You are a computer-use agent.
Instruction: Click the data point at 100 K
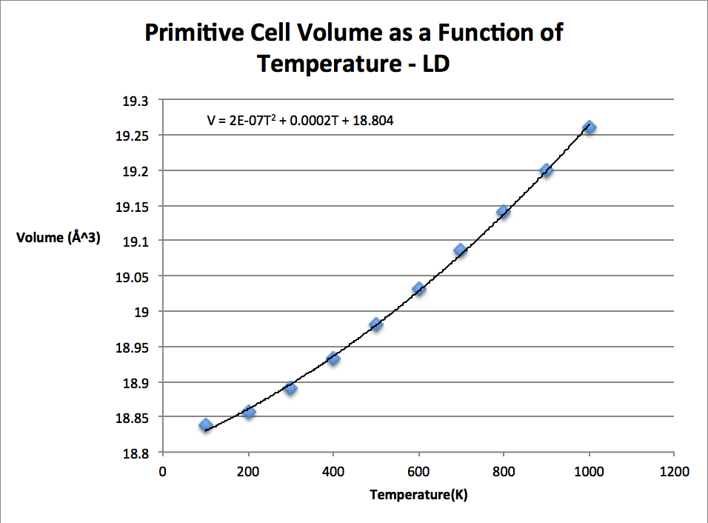point(205,425)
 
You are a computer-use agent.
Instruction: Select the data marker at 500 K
point(376,324)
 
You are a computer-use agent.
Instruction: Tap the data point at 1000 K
point(590,127)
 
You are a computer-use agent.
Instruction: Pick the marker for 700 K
point(461,250)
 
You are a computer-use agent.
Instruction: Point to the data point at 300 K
point(290,388)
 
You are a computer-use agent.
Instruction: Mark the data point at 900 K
point(547,170)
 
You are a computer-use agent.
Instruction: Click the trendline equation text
point(300,119)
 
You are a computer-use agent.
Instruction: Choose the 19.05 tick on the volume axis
point(130,276)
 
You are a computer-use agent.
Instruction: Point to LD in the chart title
point(435,64)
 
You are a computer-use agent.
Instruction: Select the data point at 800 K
point(504,212)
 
